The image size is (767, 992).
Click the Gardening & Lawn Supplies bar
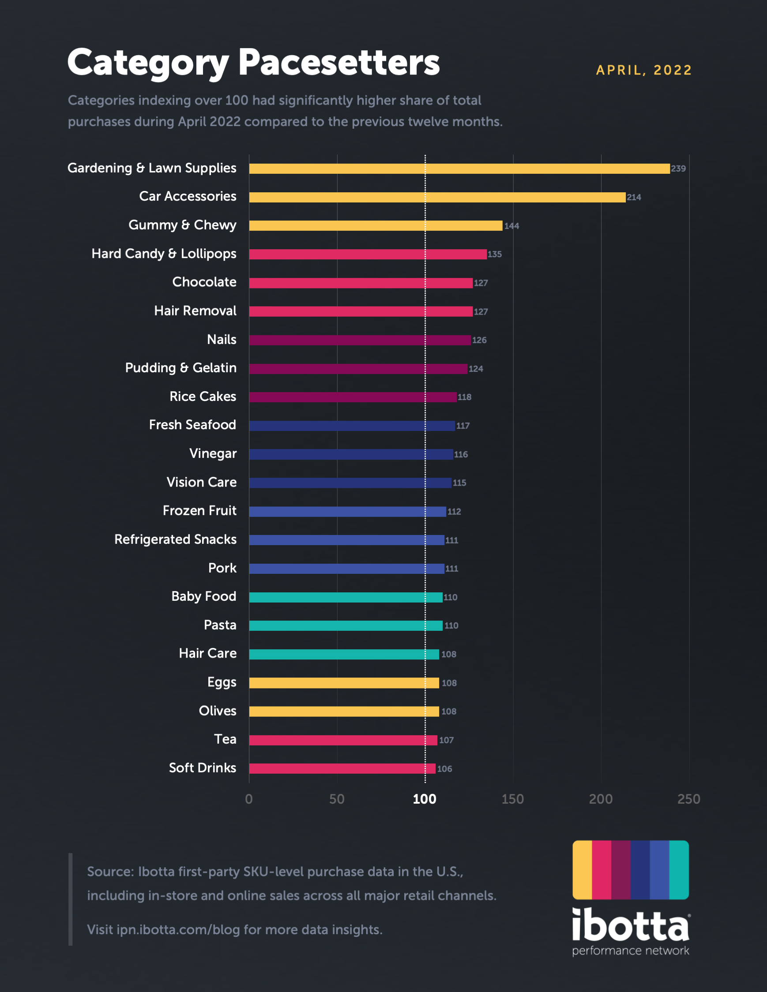[459, 168]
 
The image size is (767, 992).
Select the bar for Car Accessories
[437, 197]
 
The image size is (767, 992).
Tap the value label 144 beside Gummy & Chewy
[511, 226]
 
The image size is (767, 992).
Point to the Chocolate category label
[204, 282]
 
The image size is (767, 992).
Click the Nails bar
[360, 340]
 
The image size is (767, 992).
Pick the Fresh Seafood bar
[352, 426]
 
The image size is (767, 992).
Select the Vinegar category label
[213, 454]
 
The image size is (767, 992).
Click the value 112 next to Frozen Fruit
[454, 512]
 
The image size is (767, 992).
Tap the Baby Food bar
[346, 597]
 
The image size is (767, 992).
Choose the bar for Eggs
[344, 683]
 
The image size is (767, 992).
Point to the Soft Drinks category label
[202, 768]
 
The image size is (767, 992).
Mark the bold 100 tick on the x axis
[425, 799]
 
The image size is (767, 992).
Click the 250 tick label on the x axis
[688, 799]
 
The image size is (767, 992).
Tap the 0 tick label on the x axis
[248, 799]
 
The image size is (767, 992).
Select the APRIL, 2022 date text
[643, 71]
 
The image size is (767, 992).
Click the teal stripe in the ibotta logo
[679, 869]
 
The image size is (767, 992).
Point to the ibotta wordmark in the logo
[630, 925]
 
